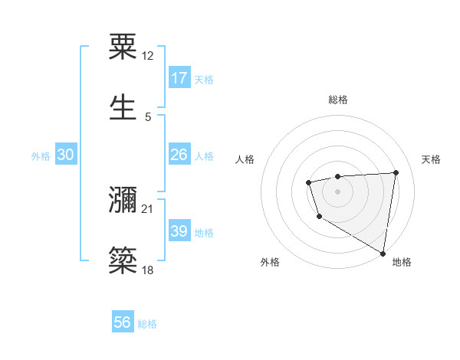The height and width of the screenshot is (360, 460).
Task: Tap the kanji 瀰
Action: (123, 201)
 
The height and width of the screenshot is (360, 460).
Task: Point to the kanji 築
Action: (123, 260)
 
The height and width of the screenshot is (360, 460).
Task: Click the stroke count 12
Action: (148, 56)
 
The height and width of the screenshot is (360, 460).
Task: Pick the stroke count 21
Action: (148, 209)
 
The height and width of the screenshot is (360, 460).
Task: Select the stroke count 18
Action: (148, 270)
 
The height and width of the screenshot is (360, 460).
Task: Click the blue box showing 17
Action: (179, 78)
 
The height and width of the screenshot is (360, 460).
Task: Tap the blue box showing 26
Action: (179, 155)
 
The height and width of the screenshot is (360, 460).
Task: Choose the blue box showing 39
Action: (179, 231)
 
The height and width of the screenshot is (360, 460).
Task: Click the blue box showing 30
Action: (66, 155)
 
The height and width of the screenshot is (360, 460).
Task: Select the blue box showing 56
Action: (123, 322)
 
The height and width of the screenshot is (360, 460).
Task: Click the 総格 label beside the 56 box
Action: (147, 324)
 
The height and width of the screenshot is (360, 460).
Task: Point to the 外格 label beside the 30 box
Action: (41, 156)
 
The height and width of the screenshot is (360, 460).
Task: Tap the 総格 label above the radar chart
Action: (337, 100)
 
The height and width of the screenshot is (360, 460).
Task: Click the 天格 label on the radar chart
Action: (432, 159)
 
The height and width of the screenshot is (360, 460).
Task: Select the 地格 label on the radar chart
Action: (402, 263)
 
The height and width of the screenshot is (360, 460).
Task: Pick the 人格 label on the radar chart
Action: (245, 159)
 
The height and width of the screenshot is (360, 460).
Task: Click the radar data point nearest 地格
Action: (383, 253)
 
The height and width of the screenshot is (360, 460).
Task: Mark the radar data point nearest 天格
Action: (396, 172)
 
